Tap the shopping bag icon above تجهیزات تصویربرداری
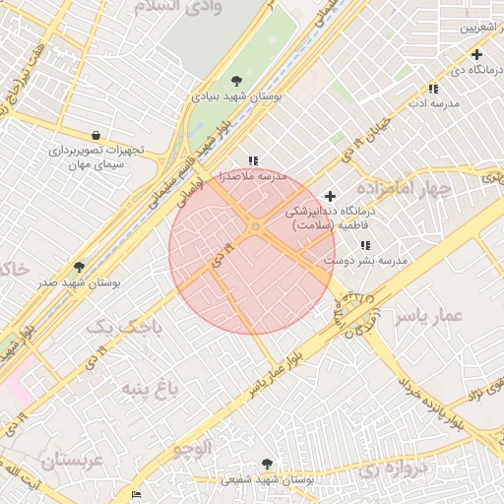tap(94, 135)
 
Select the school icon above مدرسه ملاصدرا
tap(253, 160)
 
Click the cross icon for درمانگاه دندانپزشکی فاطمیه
tap(330, 196)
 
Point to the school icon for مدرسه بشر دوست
tap(365, 245)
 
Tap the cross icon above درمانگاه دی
tap(476, 54)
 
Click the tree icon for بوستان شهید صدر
tap(79, 267)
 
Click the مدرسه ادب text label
tap(430, 102)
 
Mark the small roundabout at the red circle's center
tap(255, 227)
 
